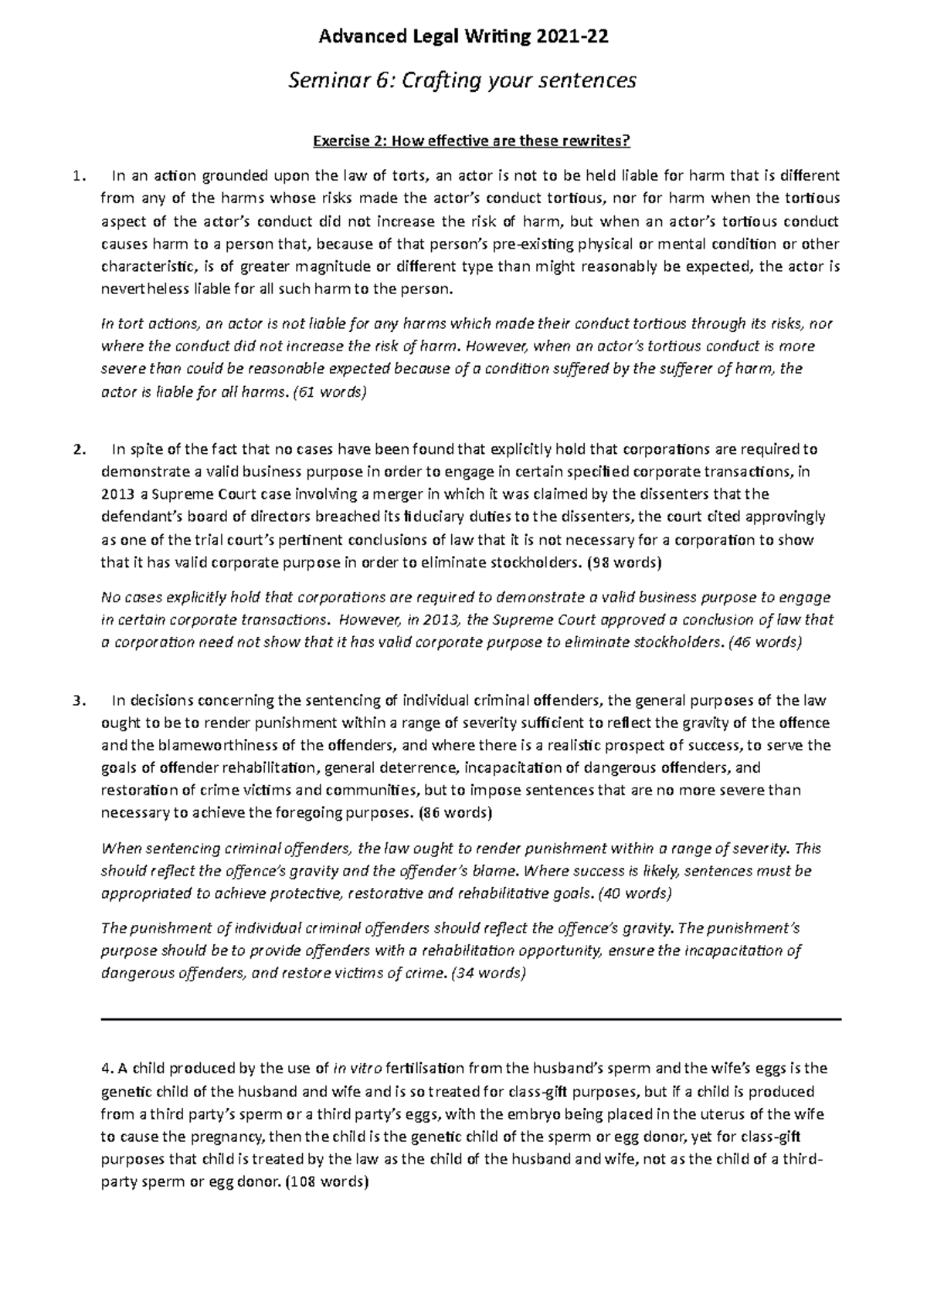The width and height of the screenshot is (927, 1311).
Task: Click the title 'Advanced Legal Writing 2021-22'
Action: pyautogui.click(x=463, y=36)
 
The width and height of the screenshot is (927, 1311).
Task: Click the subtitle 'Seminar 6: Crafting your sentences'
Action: pyautogui.click(x=463, y=80)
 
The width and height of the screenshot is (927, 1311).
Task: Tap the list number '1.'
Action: pyautogui.click(x=76, y=176)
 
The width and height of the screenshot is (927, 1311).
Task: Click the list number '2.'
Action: pyautogui.click(x=76, y=449)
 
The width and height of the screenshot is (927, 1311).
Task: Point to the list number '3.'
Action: pyautogui.click(x=76, y=701)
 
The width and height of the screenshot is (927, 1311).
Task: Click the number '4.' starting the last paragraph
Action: pyautogui.click(x=107, y=1069)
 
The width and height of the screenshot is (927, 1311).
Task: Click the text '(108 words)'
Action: pyautogui.click(x=327, y=1182)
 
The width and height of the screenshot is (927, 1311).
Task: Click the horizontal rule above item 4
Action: pyautogui.click(x=471, y=1020)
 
